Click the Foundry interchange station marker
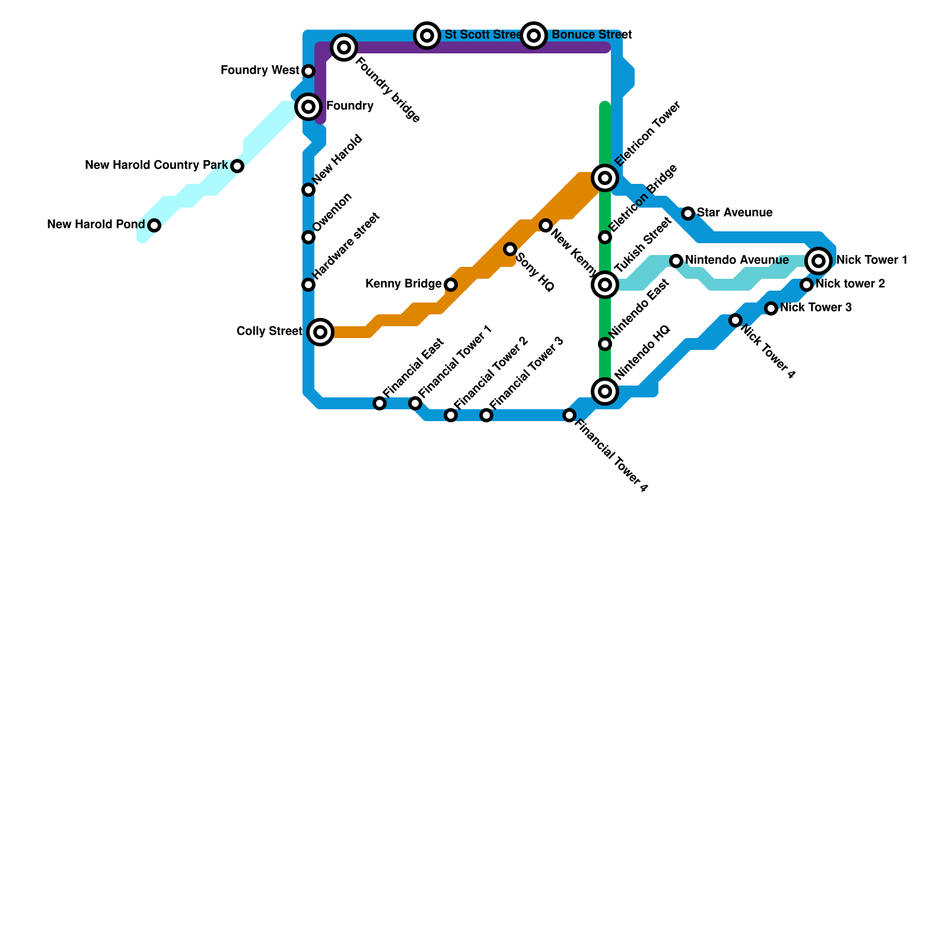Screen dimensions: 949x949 pyautogui.click(x=308, y=107)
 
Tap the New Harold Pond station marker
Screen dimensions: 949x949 pyautogui.click(x=154, y=225)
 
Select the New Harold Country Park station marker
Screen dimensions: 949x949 pyautogui.click(x=237, y=166)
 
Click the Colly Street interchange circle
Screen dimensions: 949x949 pyautogui.click(x=320, y=332)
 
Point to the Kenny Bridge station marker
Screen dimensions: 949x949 pyautogui.click(x=451, y=285)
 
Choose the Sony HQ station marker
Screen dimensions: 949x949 pyautogui.click(x=510, y=249)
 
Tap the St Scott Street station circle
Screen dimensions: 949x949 pyautogui.click(x=427, y=36)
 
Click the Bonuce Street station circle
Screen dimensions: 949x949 pyautogui.click(x=534, y=36)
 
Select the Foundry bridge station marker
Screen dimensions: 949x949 pyautogui.click(x=344, y=47)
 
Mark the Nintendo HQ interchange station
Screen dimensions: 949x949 pyautogui.click(x=605, y=391)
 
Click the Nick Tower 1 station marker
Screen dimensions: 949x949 pyautogui.click(x=819, y=260)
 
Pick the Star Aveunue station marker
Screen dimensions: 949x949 pyautogui.click(x=688, y=214)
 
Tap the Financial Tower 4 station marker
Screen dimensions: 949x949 pyautogui.click(x=569, y=415)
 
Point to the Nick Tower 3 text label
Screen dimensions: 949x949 pyautogui.click(x=816, y=308)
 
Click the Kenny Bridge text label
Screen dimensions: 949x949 pyautogui.click(x=403, y=285)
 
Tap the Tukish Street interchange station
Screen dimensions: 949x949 pyautogui.click(x=605, y=285)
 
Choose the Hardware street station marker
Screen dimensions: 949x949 pyautogui.click(x=308, y=285)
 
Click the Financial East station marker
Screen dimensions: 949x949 pyautogui.click(x=380, y=403)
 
